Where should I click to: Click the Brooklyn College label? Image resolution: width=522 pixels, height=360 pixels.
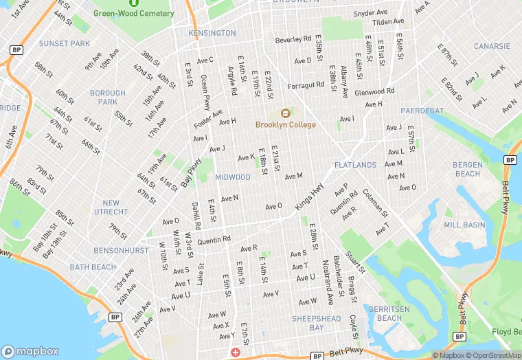point(285,125)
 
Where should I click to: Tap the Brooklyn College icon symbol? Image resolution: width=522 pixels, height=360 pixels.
point(285,113)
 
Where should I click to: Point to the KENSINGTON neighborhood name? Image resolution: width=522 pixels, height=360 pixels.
point(212,33)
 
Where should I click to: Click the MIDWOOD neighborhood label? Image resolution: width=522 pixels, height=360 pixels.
point(233,177)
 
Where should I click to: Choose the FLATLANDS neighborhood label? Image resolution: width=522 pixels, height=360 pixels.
point(355,166)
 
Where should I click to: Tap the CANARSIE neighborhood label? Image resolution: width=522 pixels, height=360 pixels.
point(492,47)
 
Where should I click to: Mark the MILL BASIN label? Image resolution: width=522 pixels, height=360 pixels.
point(464,225)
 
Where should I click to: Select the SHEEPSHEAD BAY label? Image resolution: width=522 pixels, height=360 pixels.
point(316,323)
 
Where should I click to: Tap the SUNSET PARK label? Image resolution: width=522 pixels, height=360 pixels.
point(65,43)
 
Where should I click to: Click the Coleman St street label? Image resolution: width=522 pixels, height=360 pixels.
point(375,203)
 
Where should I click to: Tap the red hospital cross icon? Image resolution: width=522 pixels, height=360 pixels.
point(236,352)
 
